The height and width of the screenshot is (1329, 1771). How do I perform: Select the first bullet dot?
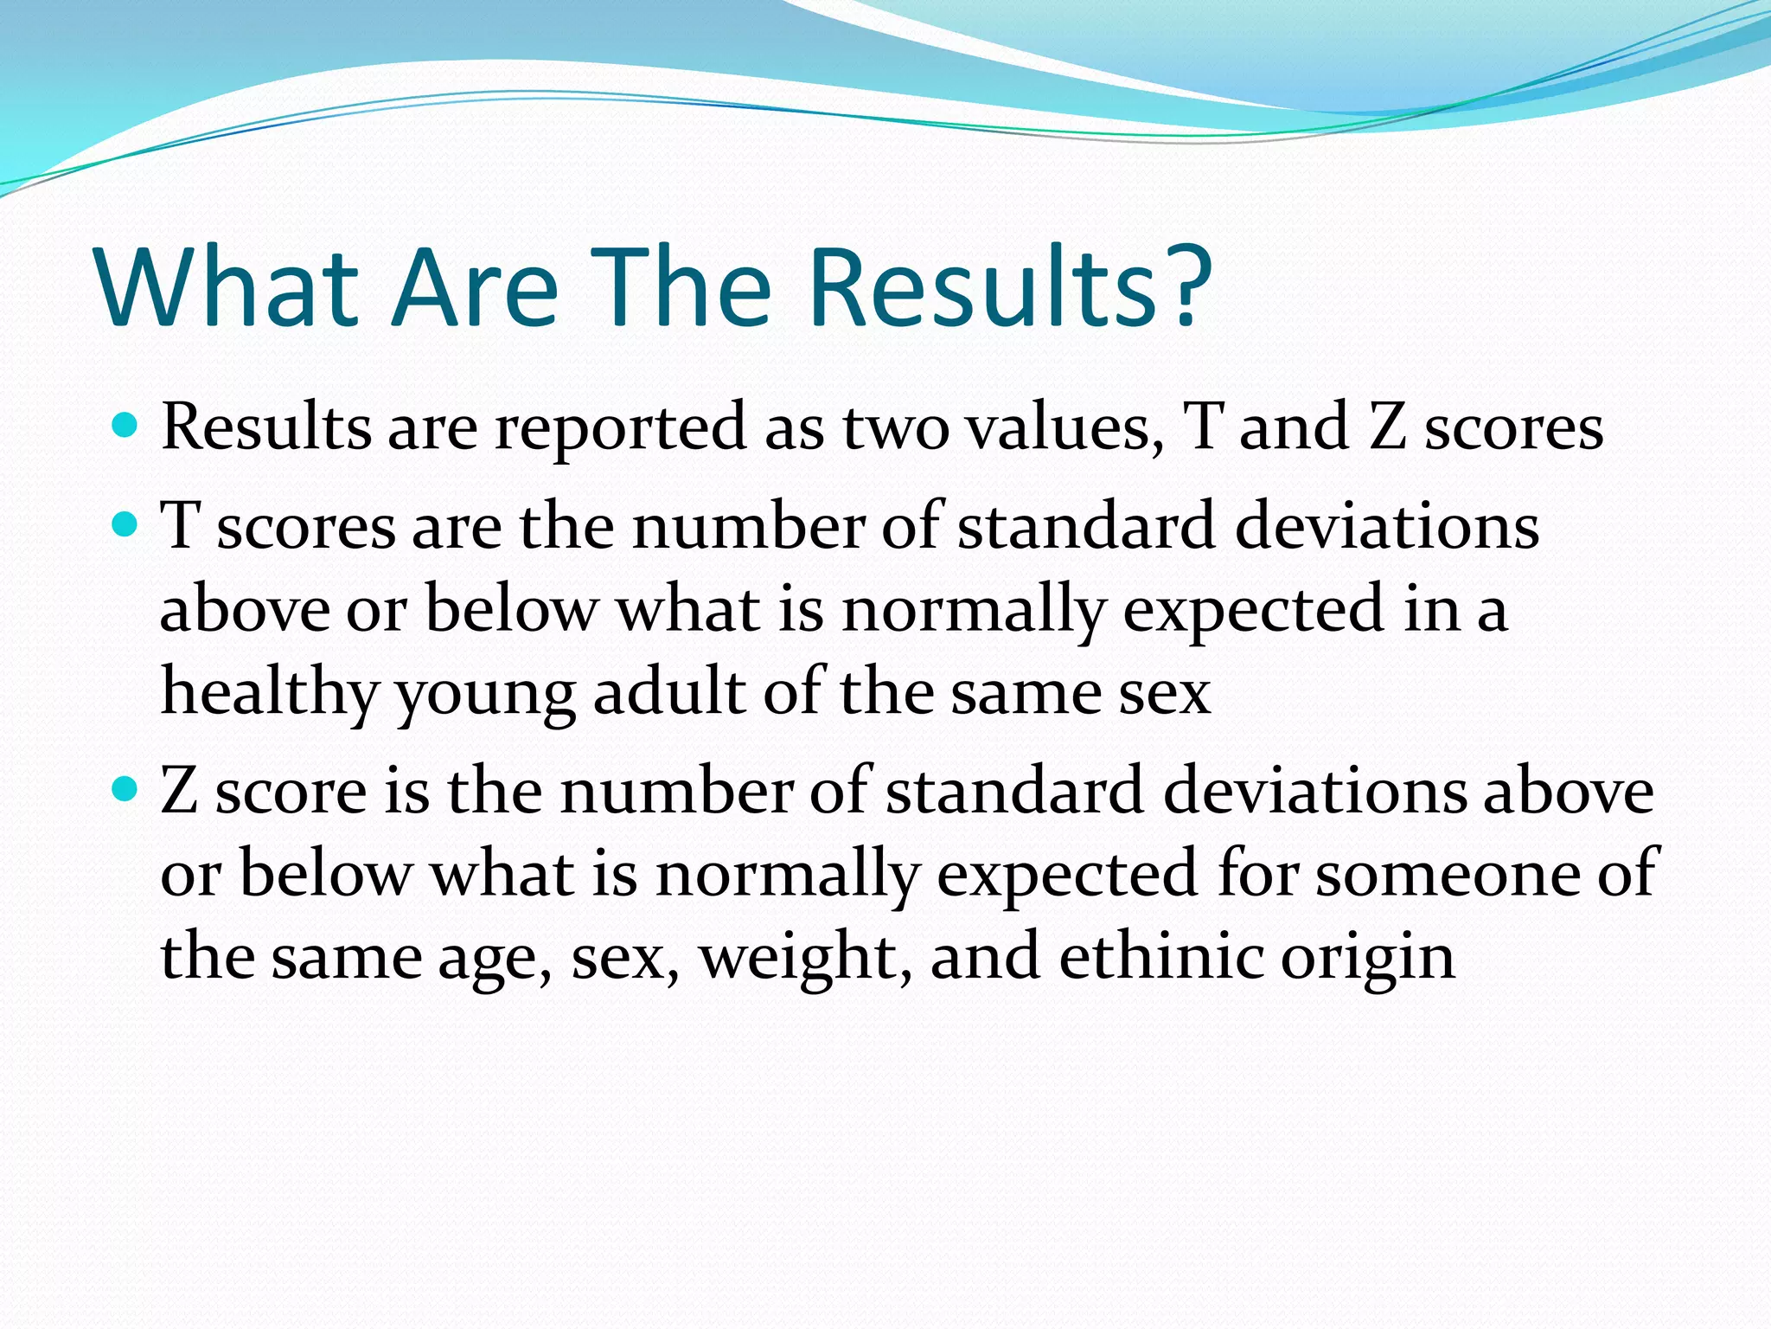[x=125, y=426]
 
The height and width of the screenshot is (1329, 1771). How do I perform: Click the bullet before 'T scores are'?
[x=125, y=524]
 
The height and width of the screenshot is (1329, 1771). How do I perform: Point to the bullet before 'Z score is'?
[x=125, y=789]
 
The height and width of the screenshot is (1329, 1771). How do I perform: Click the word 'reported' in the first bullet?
[x=620, y=427]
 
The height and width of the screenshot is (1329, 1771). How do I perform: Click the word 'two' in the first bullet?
[x=896, y=427]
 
